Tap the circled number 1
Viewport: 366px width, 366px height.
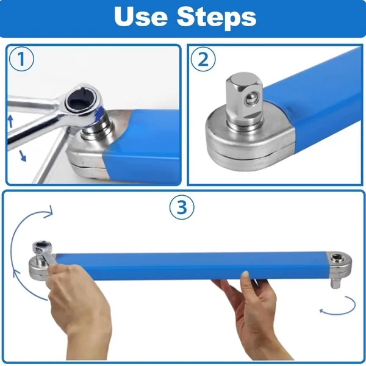[x=21, y=60]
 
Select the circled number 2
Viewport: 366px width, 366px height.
[x=203, y=60]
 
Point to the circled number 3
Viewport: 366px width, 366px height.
[x=181, y=207]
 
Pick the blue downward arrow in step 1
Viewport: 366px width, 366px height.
[x=22, y=156]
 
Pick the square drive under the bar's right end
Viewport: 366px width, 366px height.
[x=337, y=282]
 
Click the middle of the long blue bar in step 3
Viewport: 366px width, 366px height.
[x=189, y=264]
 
